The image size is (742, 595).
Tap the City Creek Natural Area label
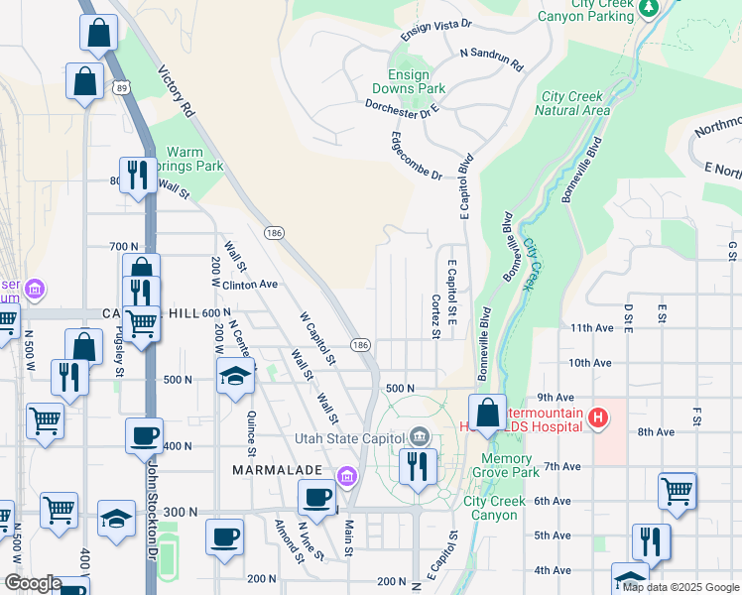pyautogui.click(x=572, y=103)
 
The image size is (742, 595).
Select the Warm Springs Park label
pyautogui.click(x=195, y=160)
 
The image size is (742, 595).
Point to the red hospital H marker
pyautogui.click(x=597, y=418)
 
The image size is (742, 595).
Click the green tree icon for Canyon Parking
pyautogui.click(x=649, y=8)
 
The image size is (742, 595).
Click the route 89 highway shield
pyautogui.click(x=120, y=88)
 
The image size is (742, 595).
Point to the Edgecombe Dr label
pyautogui.click(x=416, y=156)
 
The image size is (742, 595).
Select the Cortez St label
pyautogui.click(x=435, y=315)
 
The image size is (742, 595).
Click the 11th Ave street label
pyautogui.click(x=592, y=327)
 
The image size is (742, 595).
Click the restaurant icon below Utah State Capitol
pyautogui.click(x=418, y=465)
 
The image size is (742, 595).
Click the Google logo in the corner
pyautogui.click(x=32, y=583)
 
